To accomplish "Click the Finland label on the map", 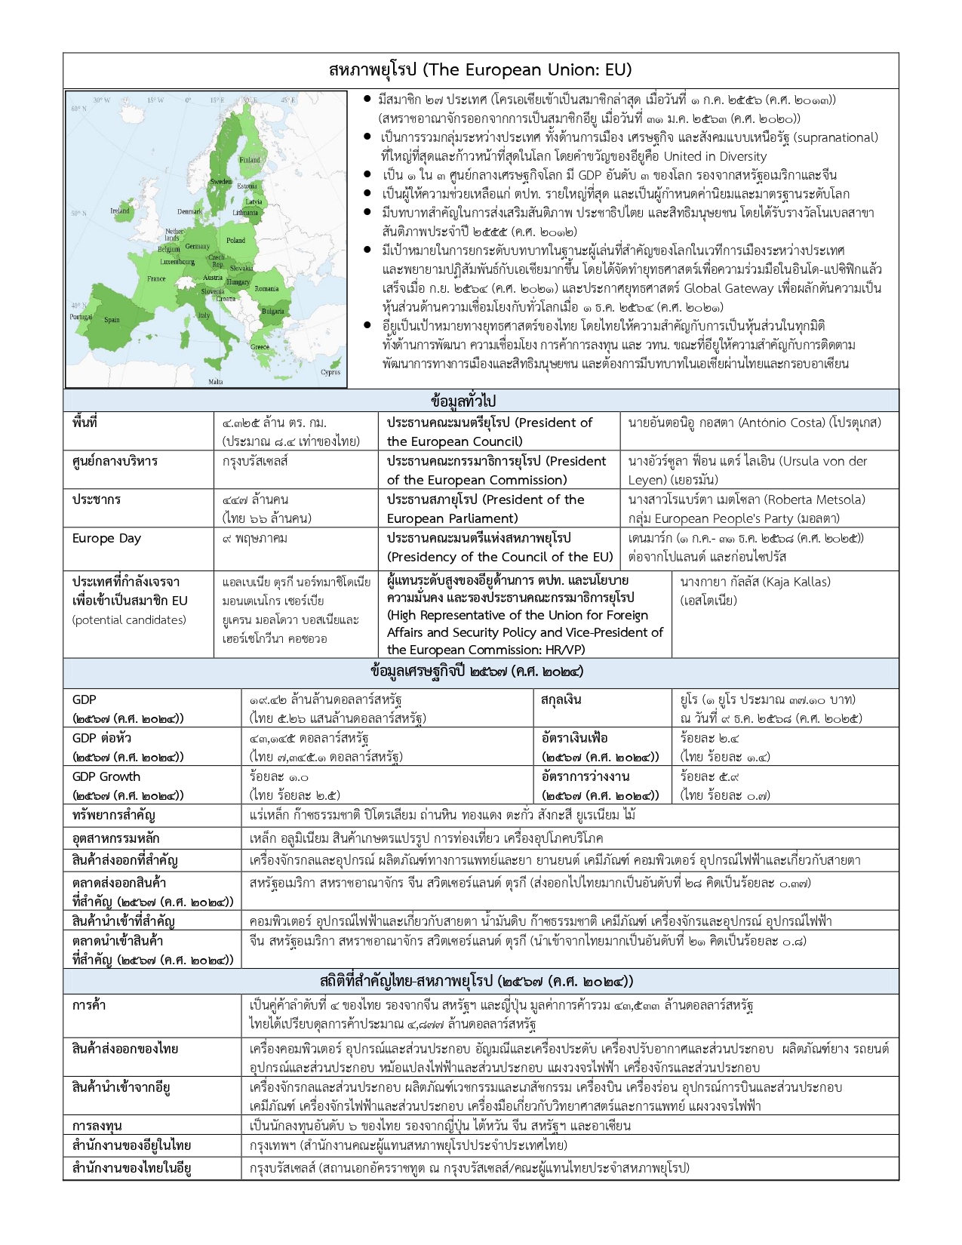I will point(250,160).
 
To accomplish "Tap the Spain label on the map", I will point(112,320).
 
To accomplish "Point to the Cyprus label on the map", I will point(330,372).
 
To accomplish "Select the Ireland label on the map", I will point(120,211).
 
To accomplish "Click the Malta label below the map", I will point(216,382).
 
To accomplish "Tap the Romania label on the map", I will point(266,289).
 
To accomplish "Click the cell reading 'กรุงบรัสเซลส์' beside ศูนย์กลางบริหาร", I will point(255,461).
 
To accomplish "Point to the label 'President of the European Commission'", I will point(496,470).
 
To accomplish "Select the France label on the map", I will point(156,278).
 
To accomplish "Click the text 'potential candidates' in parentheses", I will point(129,620).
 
